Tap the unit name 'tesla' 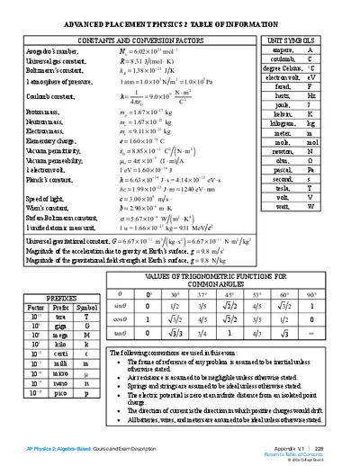click(x=282, y=187)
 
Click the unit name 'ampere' click(x=281, y=51)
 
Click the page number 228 click(x=345, y=446)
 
